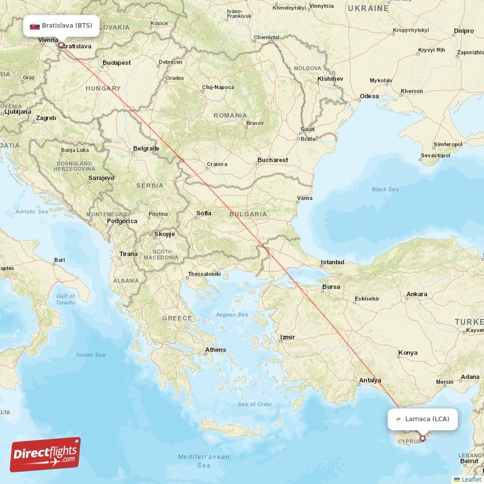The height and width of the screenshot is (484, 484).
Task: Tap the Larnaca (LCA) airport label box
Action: (x=422, y=419)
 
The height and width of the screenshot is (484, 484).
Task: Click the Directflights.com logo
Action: (x=45, y=454)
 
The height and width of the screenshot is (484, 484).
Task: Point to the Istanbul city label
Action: (x=332, y=262)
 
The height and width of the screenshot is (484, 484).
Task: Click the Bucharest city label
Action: (x=272, y=160)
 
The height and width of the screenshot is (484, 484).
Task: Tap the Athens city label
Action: (x=215, y=350)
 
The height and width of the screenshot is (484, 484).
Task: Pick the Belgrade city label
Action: (x=146, y=148)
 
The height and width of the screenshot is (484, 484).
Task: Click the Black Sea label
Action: (x=385, y=189)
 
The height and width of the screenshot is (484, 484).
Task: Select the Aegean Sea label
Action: (x=232, y=315)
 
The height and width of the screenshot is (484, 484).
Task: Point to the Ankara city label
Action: (x=416, y=294)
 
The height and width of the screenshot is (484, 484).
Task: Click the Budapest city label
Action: (x=117, y=62)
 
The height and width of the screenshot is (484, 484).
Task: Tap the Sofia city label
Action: (x=204, y=213)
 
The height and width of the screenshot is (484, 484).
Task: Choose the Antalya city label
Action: (x=370, y=381)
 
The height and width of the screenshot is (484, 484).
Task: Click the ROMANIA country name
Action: (x=230, y=115)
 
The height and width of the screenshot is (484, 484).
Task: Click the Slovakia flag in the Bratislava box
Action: (x=34, y=27)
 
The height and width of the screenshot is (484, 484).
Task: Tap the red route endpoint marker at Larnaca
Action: (x=422, y=438)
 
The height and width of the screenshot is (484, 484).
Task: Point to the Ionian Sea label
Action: (x=91, y=355)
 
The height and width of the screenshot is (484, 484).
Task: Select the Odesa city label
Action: (x=368, y=96)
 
